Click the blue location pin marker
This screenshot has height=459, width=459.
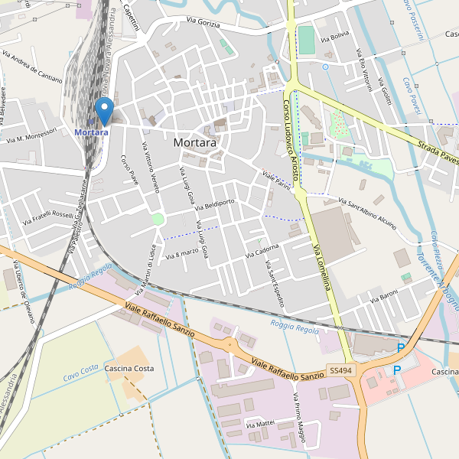pos(104,110)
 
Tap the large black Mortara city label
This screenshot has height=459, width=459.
pos(194,142)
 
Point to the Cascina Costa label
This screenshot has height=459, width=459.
pos(130,369)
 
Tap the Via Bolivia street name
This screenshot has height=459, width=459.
pos(335,36)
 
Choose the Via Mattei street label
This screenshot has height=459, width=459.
pos(259,423)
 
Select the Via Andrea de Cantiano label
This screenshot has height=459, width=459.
pos(32,67)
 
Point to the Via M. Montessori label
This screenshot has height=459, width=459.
pos(31,135)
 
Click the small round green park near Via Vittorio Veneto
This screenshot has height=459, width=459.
pos(158,220)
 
